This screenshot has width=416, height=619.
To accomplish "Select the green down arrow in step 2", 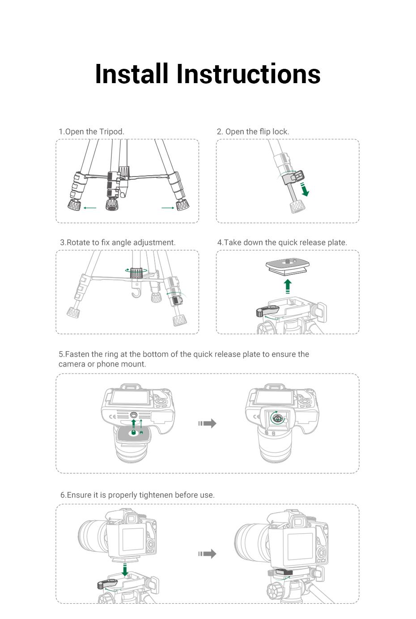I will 305,189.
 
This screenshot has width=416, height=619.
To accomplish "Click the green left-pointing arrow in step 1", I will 90,208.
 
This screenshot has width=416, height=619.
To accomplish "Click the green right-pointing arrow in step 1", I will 168,208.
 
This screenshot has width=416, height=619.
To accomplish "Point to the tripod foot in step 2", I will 297,206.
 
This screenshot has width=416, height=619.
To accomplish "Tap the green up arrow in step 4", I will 288,286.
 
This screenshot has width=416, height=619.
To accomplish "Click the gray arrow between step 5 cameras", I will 208,423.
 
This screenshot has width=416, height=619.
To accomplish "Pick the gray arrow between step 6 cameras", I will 208,554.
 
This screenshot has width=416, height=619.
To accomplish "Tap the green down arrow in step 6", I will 125,569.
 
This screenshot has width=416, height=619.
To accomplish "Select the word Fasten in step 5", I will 77,354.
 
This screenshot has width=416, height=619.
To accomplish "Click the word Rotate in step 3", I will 78,242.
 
